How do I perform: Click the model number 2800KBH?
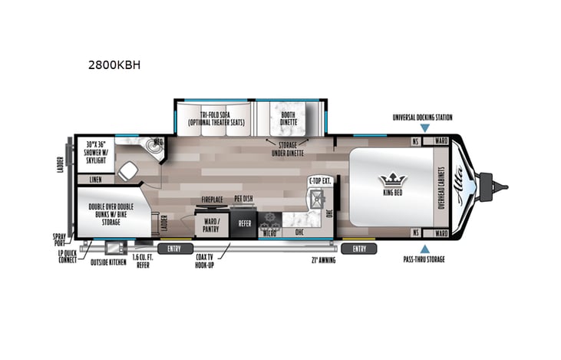point(114,65)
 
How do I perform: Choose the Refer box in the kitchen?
point(245,223)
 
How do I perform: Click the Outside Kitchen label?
point(108,262)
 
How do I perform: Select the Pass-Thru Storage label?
point(424,259)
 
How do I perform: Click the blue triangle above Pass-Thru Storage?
point(424,248)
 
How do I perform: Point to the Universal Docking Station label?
point(422,117)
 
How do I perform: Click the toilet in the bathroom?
point(128,171)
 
